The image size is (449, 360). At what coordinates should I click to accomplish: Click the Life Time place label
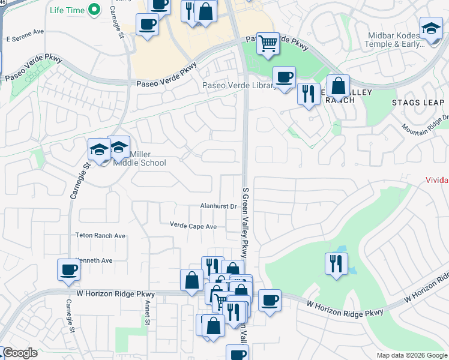point(66,10)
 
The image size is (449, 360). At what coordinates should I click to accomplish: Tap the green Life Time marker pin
point(94,10)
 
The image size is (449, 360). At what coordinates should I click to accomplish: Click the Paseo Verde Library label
point(238,86)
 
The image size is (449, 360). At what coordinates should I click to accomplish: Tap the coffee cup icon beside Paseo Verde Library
point(284,77)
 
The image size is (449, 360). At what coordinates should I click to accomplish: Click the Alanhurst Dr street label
point(219,206)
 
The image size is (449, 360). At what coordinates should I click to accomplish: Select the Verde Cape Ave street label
point(193,227)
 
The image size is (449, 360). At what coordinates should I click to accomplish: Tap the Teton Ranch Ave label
point(101,236)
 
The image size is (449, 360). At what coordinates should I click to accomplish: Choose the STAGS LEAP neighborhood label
point(418,103)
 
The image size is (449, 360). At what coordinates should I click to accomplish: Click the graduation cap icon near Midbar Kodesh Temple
point(431,28)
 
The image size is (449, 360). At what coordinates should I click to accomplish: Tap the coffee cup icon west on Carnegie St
point(68,269)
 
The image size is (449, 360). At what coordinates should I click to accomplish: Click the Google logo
point(20,353)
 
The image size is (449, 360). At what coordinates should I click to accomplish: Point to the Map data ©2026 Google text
point(412,355)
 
